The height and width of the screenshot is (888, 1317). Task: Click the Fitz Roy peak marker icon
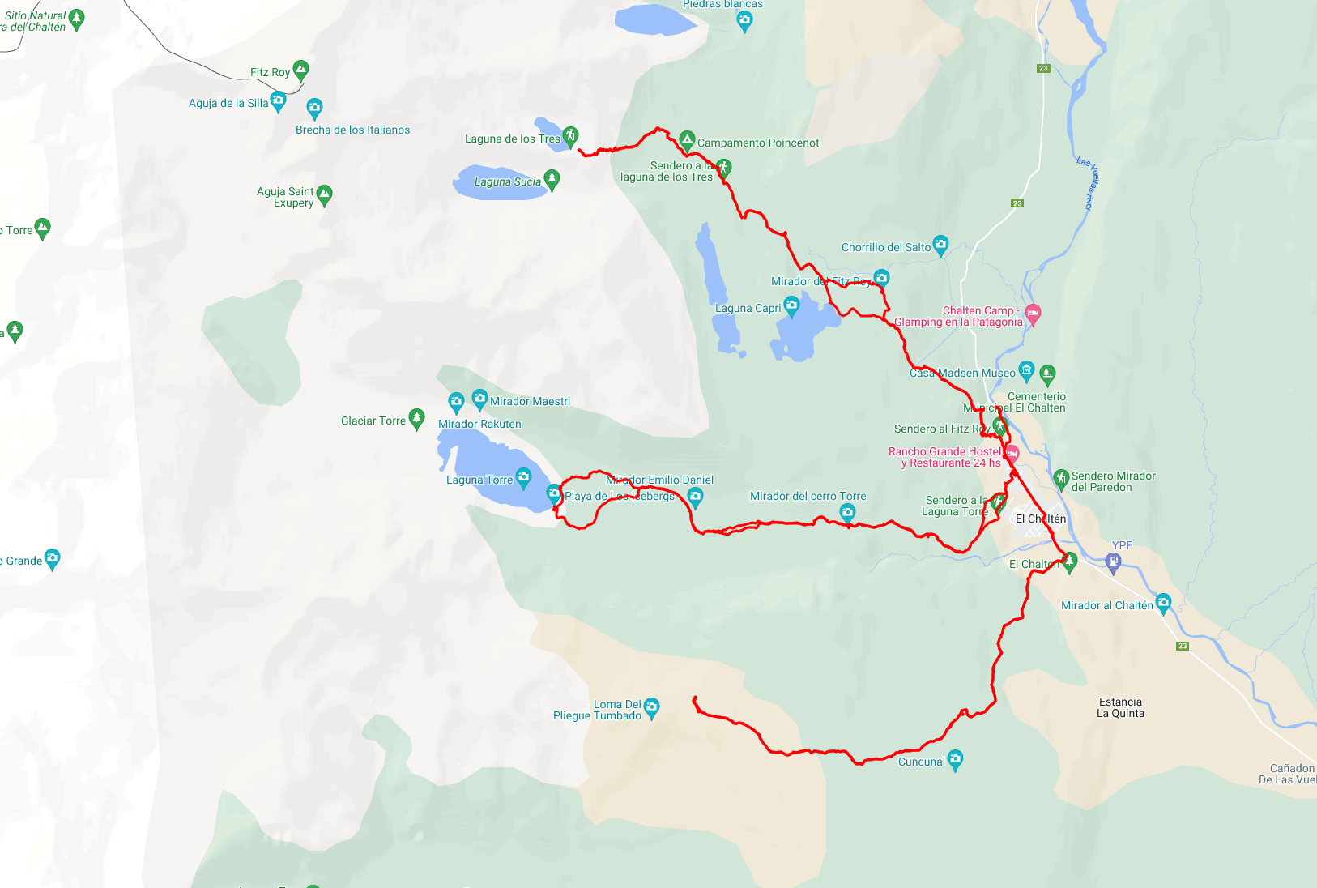pos(300,70)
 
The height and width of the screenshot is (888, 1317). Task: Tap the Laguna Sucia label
pos(507,181)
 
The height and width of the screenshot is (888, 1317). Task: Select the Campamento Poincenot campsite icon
pos(687,140)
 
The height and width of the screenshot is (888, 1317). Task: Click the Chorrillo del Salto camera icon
pos(940,244)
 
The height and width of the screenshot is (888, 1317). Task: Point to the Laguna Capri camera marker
pos(791,305)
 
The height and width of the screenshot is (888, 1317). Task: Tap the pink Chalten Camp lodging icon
pos(1033,313)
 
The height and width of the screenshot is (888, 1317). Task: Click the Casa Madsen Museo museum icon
pos(1026,370)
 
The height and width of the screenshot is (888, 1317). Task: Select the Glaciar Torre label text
pos(373,421)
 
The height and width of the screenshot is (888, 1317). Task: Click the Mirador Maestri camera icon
pos(479,398)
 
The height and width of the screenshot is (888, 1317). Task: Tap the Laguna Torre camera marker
pos(523,476)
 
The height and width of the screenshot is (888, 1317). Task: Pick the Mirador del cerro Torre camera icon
pos(847,511)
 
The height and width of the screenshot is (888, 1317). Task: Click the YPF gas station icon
pos(1114,561)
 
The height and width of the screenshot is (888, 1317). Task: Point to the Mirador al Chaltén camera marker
pos(1163,602)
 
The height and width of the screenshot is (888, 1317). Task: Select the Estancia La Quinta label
pos(1120,707)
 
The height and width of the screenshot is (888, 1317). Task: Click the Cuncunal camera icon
pos(955,758)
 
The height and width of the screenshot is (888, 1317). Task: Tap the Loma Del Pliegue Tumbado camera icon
pos(651,707)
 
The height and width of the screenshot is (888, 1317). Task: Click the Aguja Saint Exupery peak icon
pos(324,194)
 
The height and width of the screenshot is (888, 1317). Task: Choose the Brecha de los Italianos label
pos(352,130)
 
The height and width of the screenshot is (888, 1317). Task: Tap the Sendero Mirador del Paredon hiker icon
pos(1061,478)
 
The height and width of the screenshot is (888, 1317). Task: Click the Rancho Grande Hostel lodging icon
pos(1012,454)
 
